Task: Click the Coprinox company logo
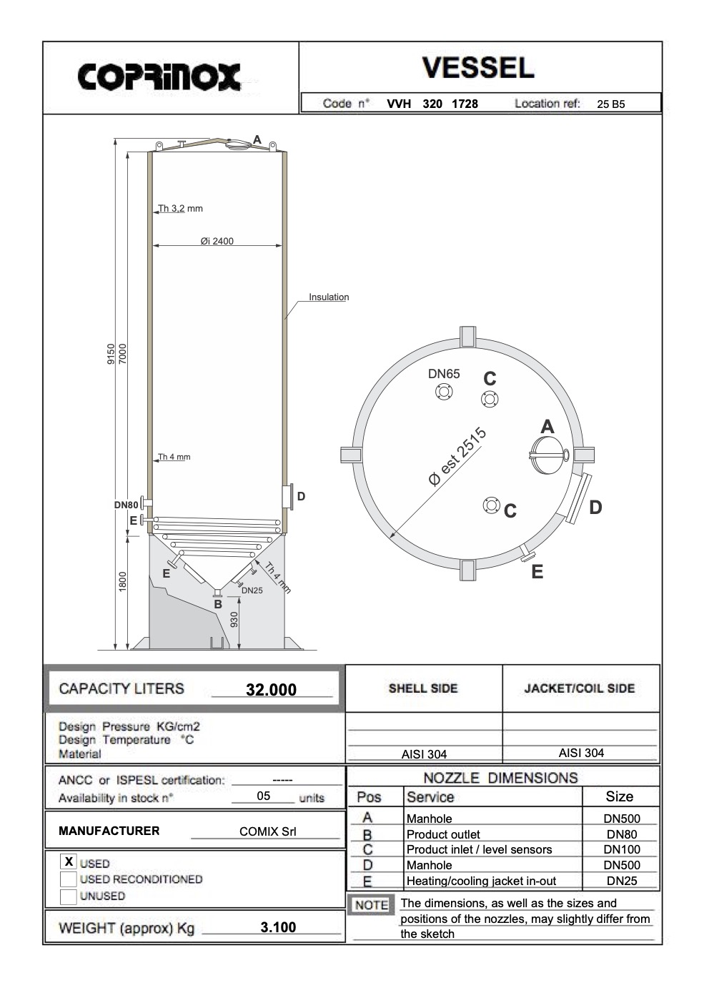[159, 76]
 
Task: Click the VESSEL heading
[477, 68]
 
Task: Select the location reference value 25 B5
[610, 104]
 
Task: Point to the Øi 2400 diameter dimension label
[217, 241]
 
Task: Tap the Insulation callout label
[329, 297]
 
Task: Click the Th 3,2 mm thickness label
[180, 209]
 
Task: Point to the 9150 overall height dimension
[111, 354]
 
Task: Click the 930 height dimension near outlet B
[234, 619]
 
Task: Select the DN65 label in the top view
[444, 374]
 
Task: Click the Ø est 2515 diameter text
[457, 457]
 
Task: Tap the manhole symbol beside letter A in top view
[549, 455]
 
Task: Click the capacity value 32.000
[271, 690]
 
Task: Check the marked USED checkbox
[69, 862]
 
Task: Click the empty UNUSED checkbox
[69, 896]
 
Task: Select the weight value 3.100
[278, 927]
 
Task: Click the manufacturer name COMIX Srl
[267, 831]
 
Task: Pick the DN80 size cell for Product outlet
[621, 834]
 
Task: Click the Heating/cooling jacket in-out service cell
[481, 881]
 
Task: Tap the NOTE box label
[371, 905]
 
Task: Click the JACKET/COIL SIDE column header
[579, 688]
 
